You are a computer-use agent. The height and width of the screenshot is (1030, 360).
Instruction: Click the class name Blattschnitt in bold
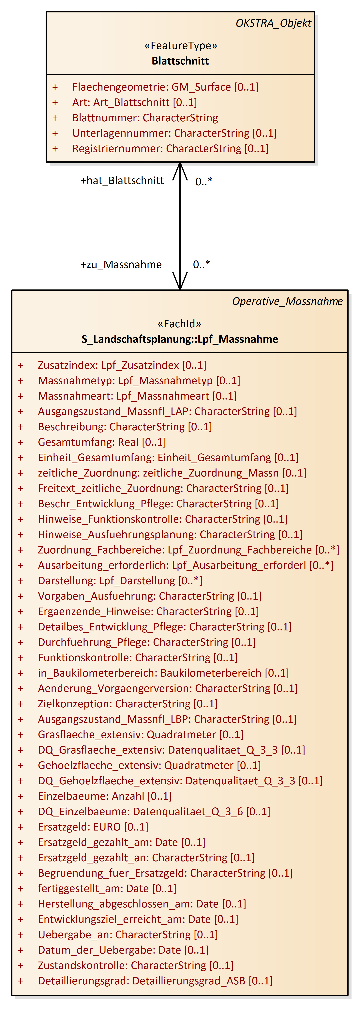point(180,61)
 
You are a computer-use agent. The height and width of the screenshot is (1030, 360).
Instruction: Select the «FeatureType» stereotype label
point(180,46)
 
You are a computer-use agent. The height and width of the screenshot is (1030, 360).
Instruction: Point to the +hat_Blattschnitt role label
point(122,181)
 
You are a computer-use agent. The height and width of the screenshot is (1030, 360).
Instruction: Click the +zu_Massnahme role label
point(121,265)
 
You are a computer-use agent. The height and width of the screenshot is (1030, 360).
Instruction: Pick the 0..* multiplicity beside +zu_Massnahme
point(201,264)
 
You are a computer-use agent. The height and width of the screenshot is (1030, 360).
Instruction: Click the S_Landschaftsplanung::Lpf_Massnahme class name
point(180,339)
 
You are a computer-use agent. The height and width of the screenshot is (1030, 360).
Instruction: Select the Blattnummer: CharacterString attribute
point(145,118)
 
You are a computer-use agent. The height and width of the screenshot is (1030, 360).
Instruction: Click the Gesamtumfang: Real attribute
point(102,442)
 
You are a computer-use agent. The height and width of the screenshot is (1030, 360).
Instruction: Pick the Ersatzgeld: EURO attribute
point(93,827)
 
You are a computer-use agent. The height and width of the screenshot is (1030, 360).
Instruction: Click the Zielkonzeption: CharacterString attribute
point(128,704)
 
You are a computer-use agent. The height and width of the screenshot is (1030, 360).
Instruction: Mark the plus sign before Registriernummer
point(55,149)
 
